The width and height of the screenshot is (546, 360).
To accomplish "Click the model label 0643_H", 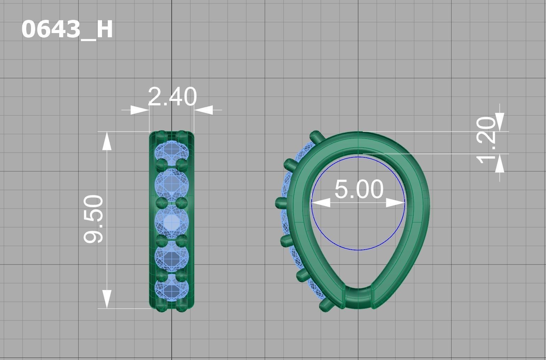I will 67,30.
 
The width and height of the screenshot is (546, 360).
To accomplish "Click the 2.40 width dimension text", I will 172,96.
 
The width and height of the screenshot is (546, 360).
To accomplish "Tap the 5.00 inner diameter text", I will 359,190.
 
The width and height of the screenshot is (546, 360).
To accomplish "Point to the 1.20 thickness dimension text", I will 486,139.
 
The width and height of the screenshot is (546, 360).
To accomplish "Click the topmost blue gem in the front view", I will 172,152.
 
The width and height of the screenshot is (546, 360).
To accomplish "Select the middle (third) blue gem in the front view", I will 172,222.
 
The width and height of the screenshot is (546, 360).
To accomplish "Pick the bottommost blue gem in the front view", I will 172,290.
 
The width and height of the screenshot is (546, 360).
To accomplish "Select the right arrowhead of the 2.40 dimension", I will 203,110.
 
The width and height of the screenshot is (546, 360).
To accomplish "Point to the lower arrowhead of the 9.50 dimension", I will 107,299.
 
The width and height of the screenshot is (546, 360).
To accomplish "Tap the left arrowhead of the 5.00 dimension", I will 321,203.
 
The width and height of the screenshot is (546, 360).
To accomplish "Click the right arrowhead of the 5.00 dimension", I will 396,203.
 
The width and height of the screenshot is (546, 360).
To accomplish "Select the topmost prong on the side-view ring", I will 316,136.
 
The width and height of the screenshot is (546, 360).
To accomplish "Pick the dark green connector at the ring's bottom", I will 358,298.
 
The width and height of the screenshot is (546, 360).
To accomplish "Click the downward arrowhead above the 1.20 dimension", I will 500,122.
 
